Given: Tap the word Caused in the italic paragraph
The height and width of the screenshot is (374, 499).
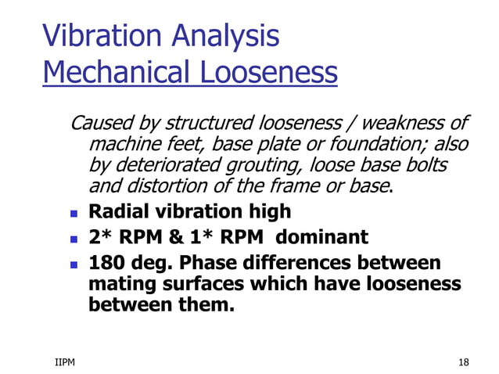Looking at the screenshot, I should pyautogui.click(x=101, y=124).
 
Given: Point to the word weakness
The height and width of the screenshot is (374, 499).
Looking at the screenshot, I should pyautogui.click(x=406, y=124).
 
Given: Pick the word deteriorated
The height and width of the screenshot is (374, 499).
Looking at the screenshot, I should pyautogui.click(x=178, y=166).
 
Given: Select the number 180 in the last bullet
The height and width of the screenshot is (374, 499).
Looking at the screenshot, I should pyautogui.click(x=106, y=262).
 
